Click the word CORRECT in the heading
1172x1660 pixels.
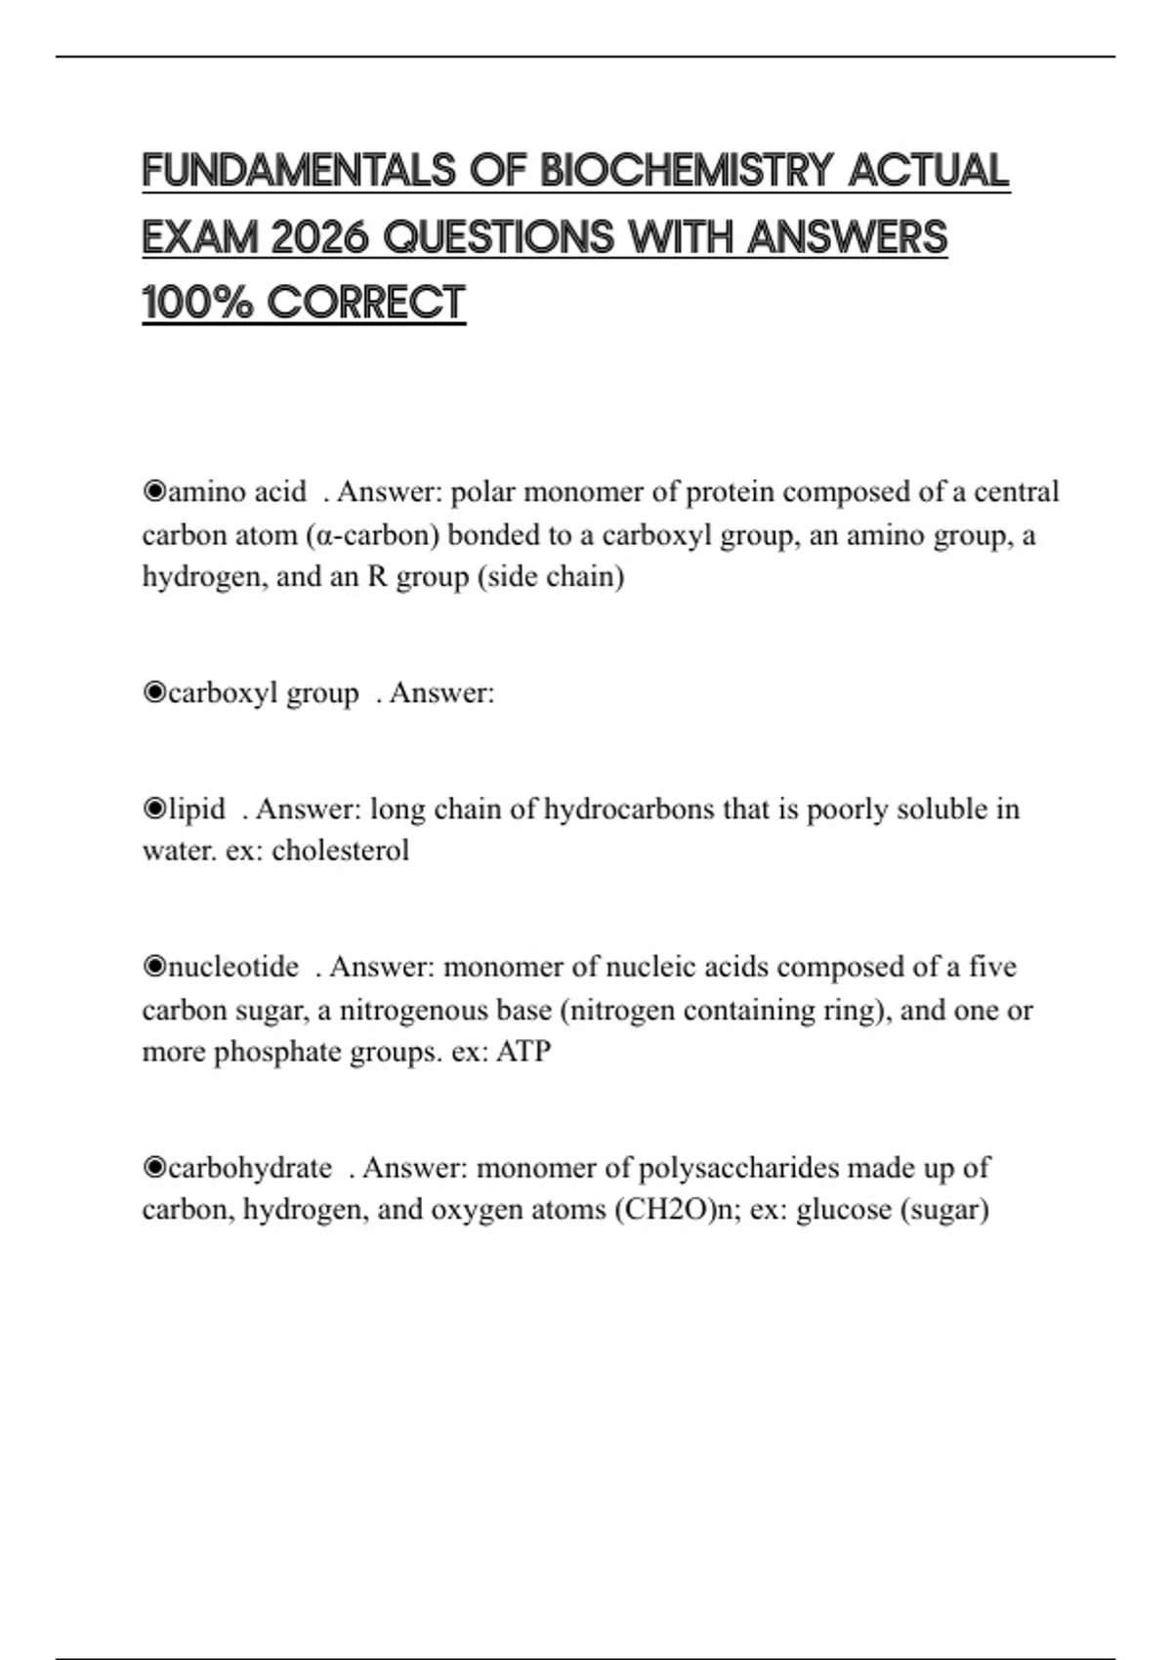366,303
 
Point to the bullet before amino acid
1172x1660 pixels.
154,491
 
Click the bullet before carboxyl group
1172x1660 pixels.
154,692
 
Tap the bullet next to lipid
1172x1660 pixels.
154,809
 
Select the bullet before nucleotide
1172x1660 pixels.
154,967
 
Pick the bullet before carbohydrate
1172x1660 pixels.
154,1168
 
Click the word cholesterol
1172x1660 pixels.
340,851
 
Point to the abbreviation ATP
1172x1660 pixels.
523,1052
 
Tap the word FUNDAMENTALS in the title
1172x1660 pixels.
299,171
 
